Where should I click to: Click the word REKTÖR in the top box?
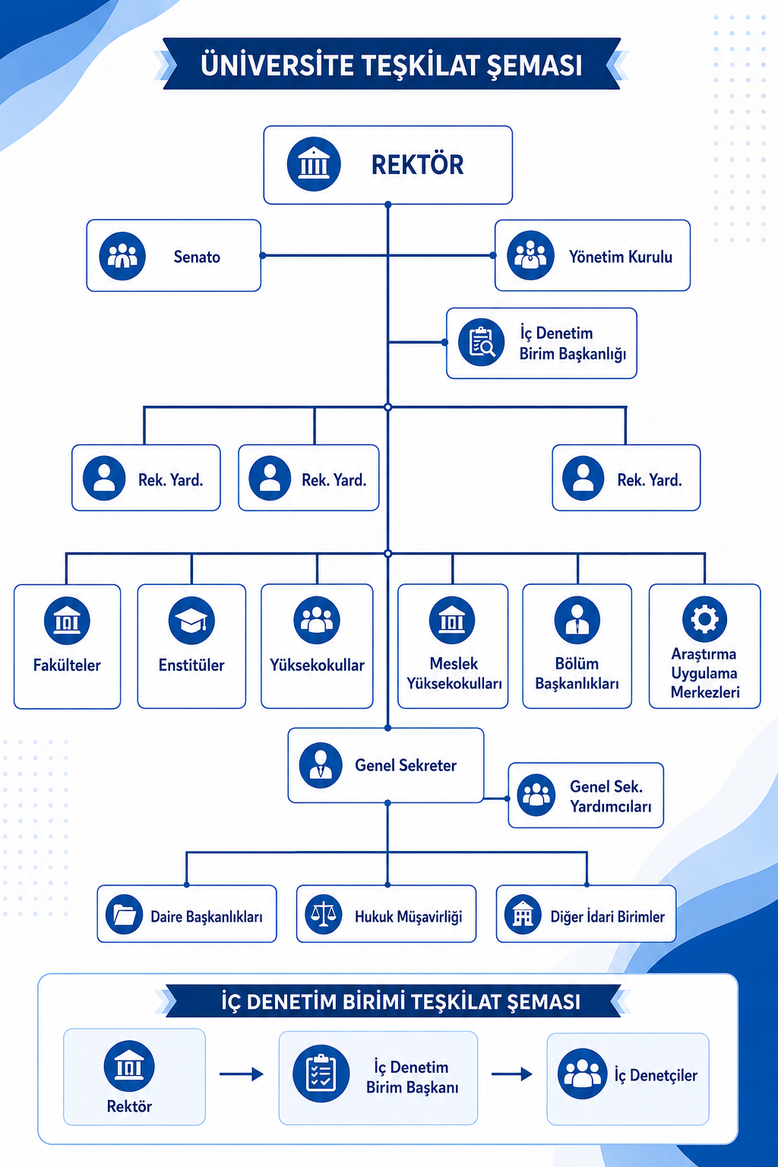pyautogui.click(x=417, y=165)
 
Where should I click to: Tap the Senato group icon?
pyautogui.click(x=122, y=256)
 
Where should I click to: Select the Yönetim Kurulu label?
pyautogui.click(x=620, y=257)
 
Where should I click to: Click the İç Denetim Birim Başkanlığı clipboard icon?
pyautogui.click(x=481, y=343)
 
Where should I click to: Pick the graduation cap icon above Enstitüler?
pyautogui.click(x=191, y=621)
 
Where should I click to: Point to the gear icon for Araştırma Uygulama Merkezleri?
pyautogui.click(x=704, y=619)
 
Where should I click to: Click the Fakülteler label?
pyautogui.click(x=67, y=666)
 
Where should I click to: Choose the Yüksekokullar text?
pyautogui.click(x=317, y=666)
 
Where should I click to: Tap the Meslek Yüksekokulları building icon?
pyautogui.click(x=452, y=620)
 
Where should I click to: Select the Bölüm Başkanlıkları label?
pyautogui.click(x=577, y=674)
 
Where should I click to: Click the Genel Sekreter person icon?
pyautogui.click(x=321, y=765)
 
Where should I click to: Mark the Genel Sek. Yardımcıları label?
pyautogui.click(x=610, y=796)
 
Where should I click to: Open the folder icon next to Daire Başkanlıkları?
pyautogui.click(x=124, y=914)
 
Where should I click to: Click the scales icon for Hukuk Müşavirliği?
pyautogui.click(x=323, y=914)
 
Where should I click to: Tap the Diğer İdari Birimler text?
pyautogui.click(x=608, y=917)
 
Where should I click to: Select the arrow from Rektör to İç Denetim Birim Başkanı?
pyautogui.click(x=242, y=1074)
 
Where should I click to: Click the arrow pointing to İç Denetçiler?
pyautogui.click(x=512, y=1074)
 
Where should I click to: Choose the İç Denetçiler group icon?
pyautogui.click(x=582, y=1074)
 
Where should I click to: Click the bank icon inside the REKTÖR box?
pyautogui.click(x=314, y=164)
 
